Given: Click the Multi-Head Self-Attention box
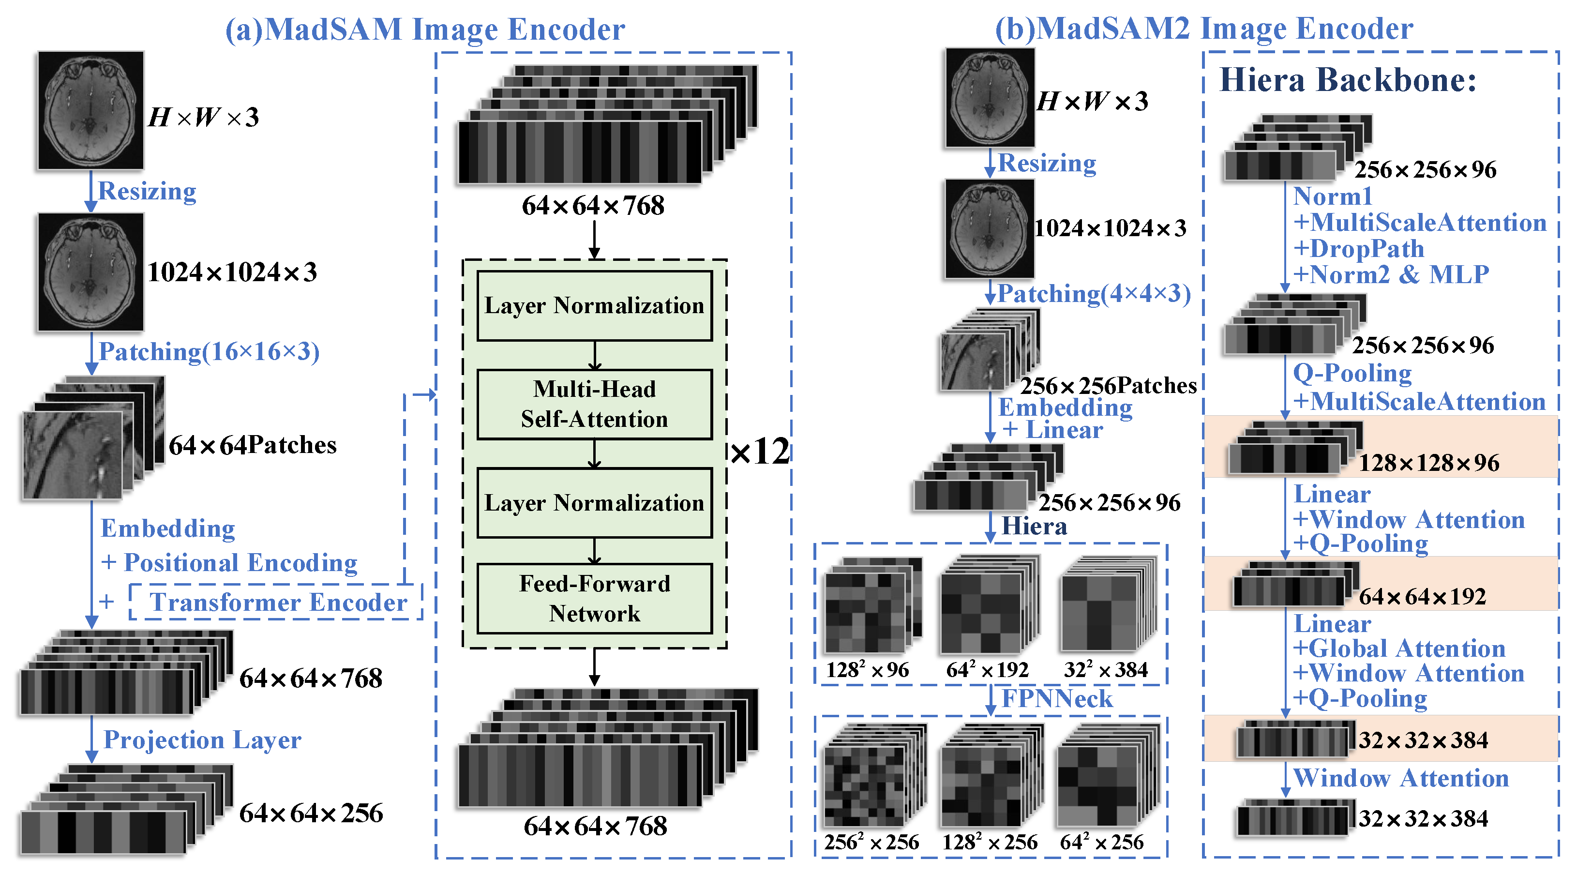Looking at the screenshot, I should (x=594, y=404).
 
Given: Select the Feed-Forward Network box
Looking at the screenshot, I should (x=594, y=598).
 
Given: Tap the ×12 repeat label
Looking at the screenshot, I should (x=760, y=452).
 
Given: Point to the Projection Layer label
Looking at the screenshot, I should (x=202, y=739).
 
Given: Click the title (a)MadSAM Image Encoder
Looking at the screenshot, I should (x=425, y=30).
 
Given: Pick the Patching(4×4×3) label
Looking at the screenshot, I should (x=1094, y=293).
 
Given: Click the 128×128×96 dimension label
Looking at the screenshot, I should (x=1429, y=463).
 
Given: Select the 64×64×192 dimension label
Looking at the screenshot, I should (x=1422, y=596).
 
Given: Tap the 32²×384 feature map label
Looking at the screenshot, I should (x=1106, y=670).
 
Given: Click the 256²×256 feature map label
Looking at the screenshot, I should (x=871, y=843).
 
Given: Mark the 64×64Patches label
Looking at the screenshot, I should (x=252, y=445).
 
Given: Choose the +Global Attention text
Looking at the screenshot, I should (x=1399, y=649).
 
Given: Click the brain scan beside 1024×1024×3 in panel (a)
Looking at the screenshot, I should (x=90, y=272).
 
